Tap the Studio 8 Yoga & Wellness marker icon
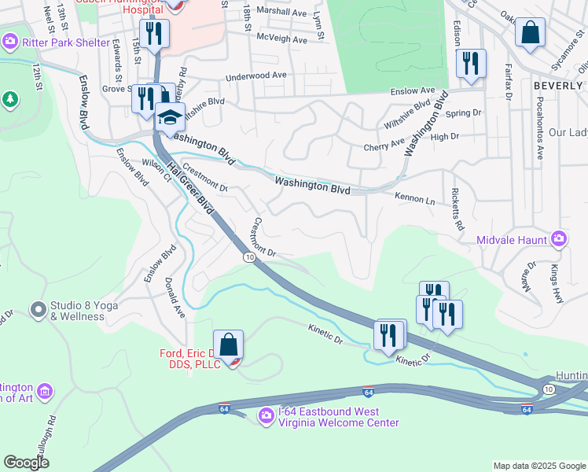(38, 310)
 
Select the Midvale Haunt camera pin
(559, 238)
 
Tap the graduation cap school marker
(170, 118)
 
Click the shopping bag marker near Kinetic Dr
(228, 345)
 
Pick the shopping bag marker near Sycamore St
(531, 34)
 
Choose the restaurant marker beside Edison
(471, 65)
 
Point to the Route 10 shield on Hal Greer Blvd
(249, 257)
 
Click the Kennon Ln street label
(414, 200)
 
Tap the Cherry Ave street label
(384, 146)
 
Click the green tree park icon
(10, 99)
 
